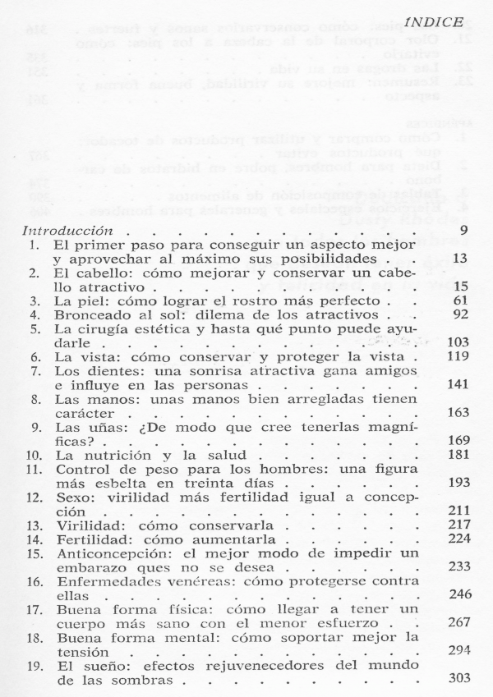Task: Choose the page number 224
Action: pos(457,540)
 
